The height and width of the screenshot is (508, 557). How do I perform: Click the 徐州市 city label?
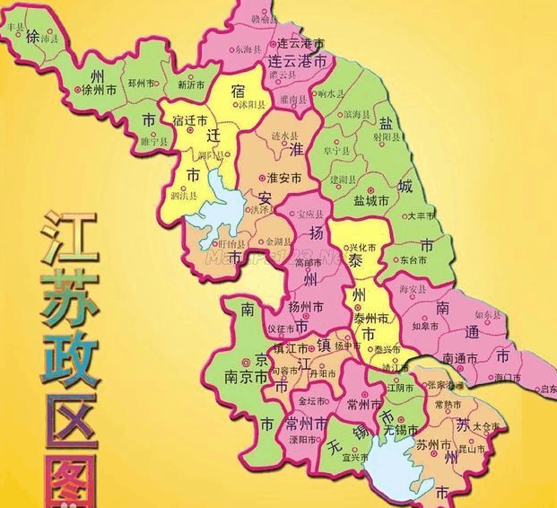click(x=99, y=91)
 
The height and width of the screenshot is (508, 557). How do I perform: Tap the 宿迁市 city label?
click(x=189, y=120)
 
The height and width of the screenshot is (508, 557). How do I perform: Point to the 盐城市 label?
click(x=370, y=201)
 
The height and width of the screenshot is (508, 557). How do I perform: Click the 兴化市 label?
click(x=362, y=245)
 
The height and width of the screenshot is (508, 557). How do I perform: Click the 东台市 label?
click(x=440, y=258)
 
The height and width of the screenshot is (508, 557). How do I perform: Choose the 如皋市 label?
click(x=424, y=326)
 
